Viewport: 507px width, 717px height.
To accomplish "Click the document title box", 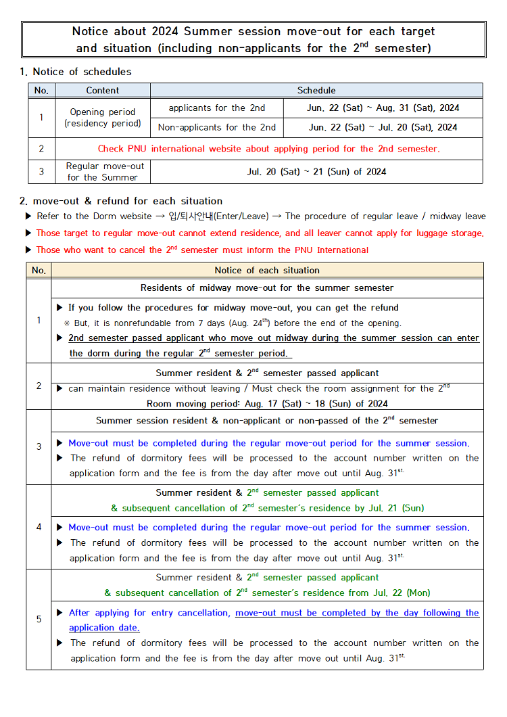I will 254,39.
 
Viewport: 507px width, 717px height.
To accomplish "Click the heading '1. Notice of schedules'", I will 76,72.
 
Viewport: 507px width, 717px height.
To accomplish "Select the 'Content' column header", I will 103,90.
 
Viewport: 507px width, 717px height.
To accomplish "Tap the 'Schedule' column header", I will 316,90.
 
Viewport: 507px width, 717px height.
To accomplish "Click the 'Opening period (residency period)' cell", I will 103,118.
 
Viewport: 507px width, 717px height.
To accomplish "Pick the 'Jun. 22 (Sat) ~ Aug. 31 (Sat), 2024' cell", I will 383,108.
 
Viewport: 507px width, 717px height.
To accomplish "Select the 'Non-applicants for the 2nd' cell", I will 217,127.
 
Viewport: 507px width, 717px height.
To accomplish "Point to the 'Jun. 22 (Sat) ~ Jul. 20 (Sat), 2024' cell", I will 383,127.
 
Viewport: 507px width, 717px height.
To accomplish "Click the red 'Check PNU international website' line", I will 268,149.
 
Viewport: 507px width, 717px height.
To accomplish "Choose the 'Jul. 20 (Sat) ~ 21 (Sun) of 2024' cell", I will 316,172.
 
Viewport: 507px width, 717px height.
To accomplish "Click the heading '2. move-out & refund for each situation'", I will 121,201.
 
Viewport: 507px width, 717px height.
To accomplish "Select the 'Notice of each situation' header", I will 267,271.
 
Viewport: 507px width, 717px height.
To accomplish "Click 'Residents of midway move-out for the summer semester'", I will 267,288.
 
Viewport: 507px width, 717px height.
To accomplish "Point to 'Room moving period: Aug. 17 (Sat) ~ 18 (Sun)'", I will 267,404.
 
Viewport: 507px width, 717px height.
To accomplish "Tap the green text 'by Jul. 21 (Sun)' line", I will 267,508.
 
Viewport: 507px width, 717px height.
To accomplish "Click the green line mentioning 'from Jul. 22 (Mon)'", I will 267,593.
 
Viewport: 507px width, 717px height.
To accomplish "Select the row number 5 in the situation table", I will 39,619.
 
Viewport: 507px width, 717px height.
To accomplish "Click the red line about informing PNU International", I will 202,250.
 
